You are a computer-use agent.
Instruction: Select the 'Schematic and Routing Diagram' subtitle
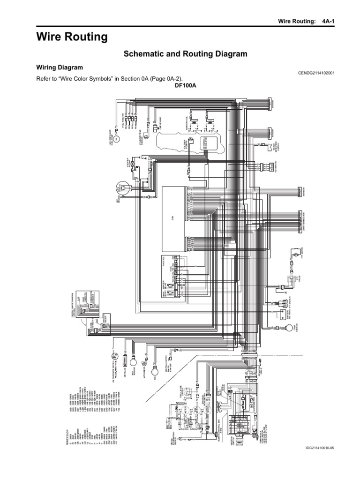(x=185, y=54)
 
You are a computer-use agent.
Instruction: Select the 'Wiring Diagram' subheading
(x=60, y=67)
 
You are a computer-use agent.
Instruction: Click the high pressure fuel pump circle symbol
(x=117, y=139)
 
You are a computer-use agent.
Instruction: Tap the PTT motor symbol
(x=295, y=254)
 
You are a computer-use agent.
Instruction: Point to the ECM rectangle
(x=173, y=218)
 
